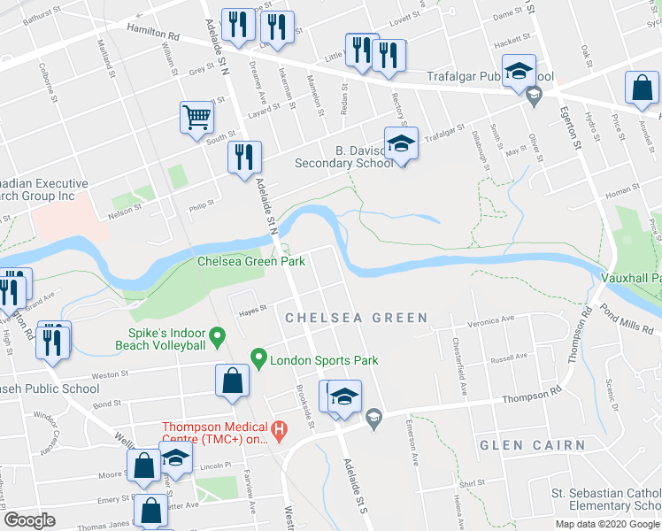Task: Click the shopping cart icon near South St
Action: [x=196, y=117]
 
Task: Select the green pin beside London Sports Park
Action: [x=258, y=359]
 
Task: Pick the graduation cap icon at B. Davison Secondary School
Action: [x=400, y=143]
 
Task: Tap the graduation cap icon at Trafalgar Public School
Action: [x=519, y=73]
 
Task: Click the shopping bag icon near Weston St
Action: [x=231, y=380]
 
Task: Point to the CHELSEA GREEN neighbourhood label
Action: [x=356, y=318]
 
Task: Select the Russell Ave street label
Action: [x=508, y=359]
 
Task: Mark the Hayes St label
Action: [x=251, y=309]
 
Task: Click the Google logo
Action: [x=29, y=520]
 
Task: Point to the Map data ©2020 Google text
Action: [x=607, y=524]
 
